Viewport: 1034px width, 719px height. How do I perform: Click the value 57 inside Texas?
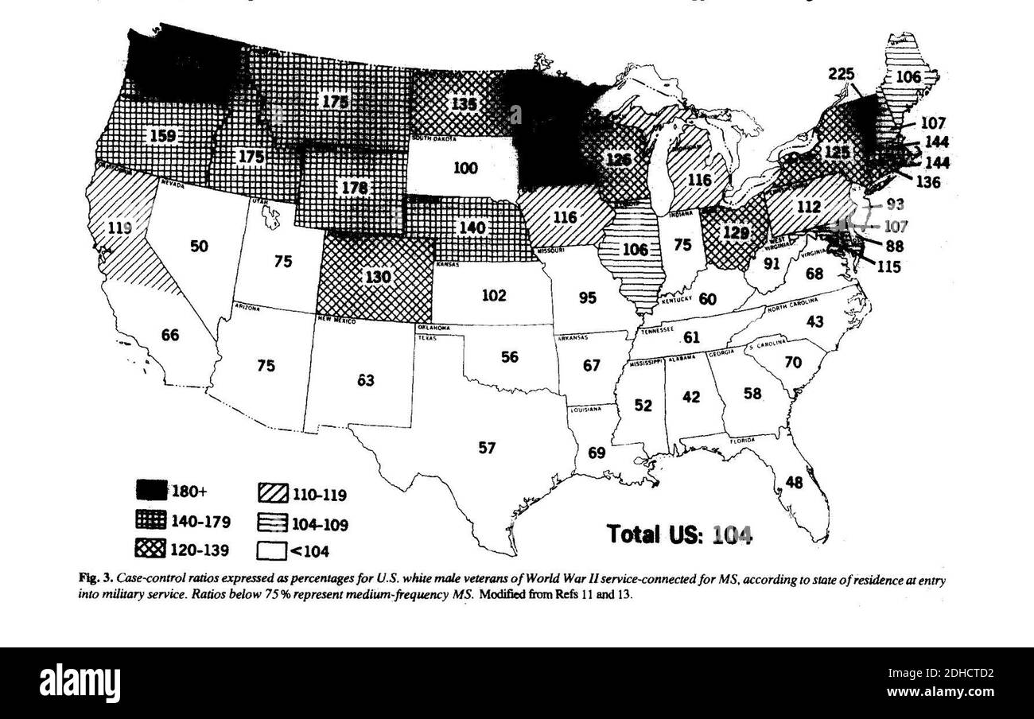click(x=487, y=448)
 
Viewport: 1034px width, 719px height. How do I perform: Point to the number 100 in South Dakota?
click(x=465, y=169)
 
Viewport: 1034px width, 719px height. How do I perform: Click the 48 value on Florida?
click(x=795, y=481)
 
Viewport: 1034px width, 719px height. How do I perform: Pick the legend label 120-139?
click(x=200, y=549)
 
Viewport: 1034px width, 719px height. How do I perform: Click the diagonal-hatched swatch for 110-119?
click(x=271, y=496)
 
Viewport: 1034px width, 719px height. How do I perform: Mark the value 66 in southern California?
click(x=170, y=335)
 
